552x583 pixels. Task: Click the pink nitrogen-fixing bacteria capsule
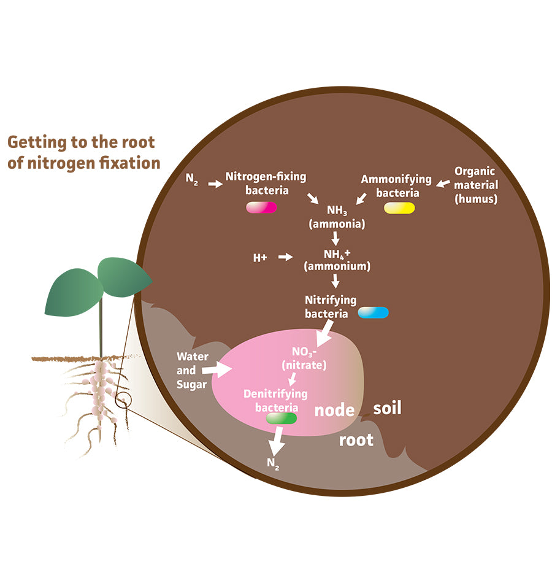click(262, 207)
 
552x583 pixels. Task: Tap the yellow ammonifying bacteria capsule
click(399, 207)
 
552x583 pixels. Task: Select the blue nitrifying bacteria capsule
click(373, 312)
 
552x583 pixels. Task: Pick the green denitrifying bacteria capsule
click(282, 419)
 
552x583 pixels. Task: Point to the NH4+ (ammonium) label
click(337, 260)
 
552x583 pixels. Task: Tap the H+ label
click(260, 258)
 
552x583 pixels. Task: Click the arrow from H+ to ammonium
click(285, 257)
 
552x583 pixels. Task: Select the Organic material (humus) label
click(475, 185)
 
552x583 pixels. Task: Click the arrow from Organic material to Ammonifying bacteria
click(443, 182)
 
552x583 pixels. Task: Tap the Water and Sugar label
click(193, 370)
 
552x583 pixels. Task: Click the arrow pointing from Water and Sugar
click(217, 368)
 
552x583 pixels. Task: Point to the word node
click(334, 410)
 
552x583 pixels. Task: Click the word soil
click(387, 407)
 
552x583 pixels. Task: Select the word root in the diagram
click(356, 440)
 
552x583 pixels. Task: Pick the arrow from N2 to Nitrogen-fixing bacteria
click(215, 183)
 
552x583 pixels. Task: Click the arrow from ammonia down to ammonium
click(335, 237)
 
